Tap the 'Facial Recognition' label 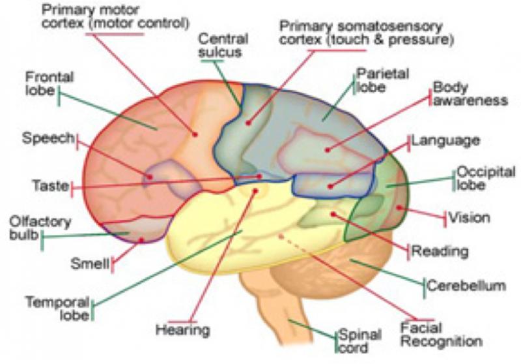point(441,334)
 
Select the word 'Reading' point(440,250)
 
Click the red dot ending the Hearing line point(256,191)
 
